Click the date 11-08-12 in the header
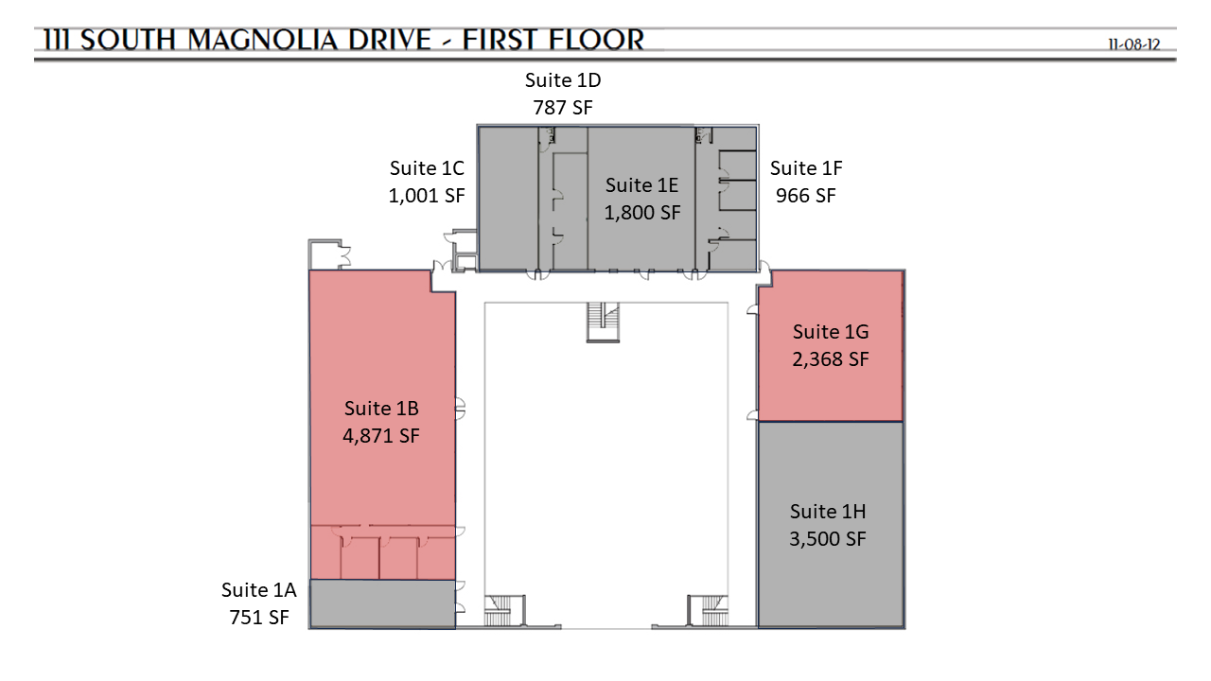coord(1134,44)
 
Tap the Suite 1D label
coord(563,80)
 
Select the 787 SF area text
coord(563,108)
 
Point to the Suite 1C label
coord(427,168)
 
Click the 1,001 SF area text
coord(427,196)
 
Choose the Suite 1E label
coord(641,185)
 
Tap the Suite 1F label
coord(806,168)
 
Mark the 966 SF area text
coord(806,196)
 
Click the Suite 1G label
coord(831,331)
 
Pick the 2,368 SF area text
coord(831,358)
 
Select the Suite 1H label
coord(828,512)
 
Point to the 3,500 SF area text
coord(828,539)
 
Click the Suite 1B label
coord(381,408)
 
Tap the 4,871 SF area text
coord(381,436)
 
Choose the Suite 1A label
coord(259,589)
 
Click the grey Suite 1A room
coord(382,603)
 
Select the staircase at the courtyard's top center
coord(603,323)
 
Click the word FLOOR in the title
coord(597,41)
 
